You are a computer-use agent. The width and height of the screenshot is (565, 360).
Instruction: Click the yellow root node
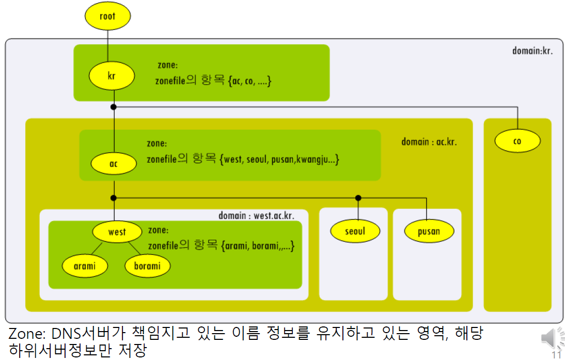pyautogui.click(x=107, y=16)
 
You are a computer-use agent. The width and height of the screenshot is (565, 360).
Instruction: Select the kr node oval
pyautogui.click(x=112, y=76)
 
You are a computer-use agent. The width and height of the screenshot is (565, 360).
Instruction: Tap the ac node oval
pyautogui.click(x=114, y=164)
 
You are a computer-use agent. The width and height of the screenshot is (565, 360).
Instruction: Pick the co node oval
pyautogui.click(x=517, y=141)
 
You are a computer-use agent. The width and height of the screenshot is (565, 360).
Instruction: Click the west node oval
pyautogui.click(x=117, y=232)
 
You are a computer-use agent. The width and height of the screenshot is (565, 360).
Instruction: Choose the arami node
pyautogui.click(x=85, y=266)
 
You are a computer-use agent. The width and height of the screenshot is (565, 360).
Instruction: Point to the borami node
pyautogui.click(x=148, y=266)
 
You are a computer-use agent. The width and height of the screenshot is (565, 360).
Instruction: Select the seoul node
pyautogui.click(x=355, y=231)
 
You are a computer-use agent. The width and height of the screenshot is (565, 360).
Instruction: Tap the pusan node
pyautogui.click(x=429, y=231)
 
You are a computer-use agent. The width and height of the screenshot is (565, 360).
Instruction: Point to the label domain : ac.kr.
pyautogui.click(x=429, y=142)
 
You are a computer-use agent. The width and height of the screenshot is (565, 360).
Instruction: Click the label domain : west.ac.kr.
pyautogui.click(x=263, y=215)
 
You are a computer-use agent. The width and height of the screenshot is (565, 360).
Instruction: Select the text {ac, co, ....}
pyautogui.click(x=249, y=81)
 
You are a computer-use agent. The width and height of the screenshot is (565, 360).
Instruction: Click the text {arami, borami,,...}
pyautogui.click(x=258, y=246)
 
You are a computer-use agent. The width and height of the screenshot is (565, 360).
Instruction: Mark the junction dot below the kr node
pyautogui.click(x=114, y=107)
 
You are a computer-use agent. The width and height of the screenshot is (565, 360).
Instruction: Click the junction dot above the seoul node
pyautogui.click(x=358, y=198)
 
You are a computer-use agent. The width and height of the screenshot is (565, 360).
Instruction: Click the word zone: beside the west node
pyautogui.click(x=158, y=230)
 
